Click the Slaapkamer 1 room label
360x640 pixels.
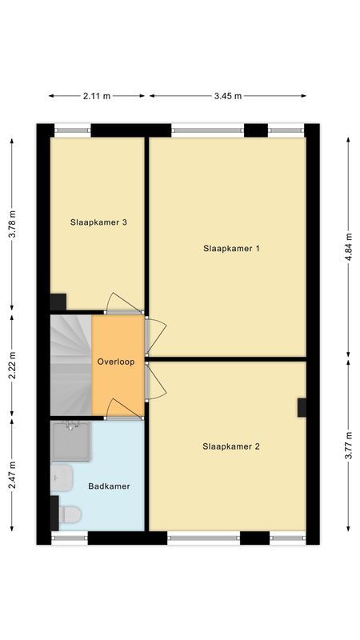pyautogui.click(x=231, y=248)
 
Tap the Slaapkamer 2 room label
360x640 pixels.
pyautogui.click(x=231, y=446)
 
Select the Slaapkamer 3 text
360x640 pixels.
pyautogui.click(x=98, y=222)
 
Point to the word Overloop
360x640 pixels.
pyautogui.click(x=116, y=362)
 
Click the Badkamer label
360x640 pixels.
pyautogui.click(x=109, y=486)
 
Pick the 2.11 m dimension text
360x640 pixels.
pyautogui.click(x=97, y=96)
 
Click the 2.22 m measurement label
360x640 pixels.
pyautogui.click(x=11, y=364)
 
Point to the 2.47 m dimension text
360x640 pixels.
pyautogui.click(x=11, y=474)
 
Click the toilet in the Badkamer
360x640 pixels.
pyautogui.click(x=68, y=514)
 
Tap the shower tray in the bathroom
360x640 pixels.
pyautogui.click(x=71, y=442)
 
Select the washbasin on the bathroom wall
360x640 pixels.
pyautogui.click(x=61, y=478)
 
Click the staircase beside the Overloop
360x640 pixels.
pyautogui.click(x=70, y=364)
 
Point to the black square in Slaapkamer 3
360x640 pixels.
pyautogui.click(x=58, y=302)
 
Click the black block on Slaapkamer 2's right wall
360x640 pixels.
pyautogui.click(x=302, y=407)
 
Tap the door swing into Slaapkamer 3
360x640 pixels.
pyautogui.click(x=124, y=302)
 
